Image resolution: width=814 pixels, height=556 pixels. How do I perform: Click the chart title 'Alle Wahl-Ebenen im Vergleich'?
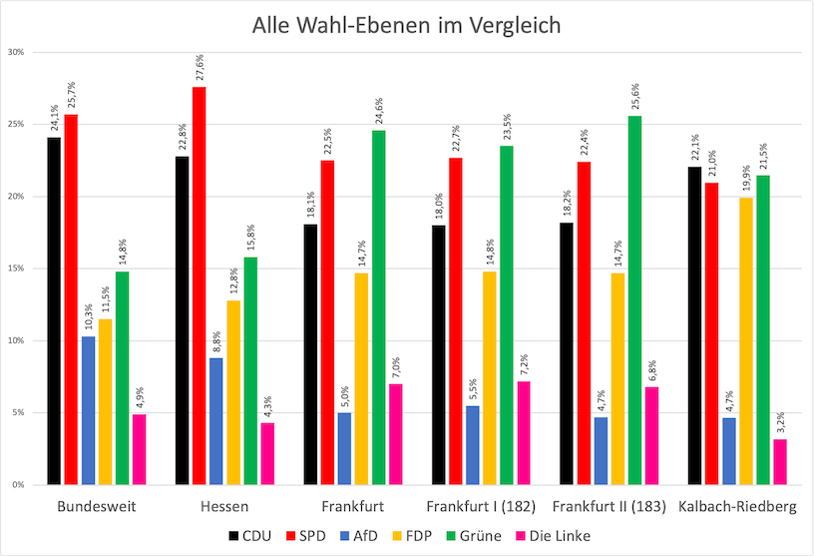click(406, 24)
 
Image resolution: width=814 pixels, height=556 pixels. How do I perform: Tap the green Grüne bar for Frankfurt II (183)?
click(634, 299)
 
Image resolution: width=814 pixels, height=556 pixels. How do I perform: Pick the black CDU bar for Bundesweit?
click(54, 310)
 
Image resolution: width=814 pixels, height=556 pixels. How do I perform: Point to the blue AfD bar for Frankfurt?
click(344, 448)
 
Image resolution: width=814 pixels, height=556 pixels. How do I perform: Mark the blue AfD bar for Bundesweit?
click(88, 410)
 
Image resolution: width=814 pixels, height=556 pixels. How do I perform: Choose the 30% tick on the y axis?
click(18, 52)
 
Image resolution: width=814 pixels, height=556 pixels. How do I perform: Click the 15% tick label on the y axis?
click(18, 269)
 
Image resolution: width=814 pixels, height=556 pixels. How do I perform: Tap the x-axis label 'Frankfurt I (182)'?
click(473, 506)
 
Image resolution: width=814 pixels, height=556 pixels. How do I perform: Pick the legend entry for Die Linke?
click(555, 536)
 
